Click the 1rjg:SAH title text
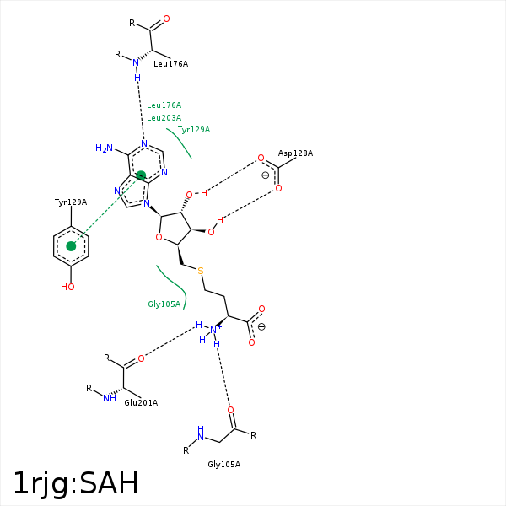coord(76,484)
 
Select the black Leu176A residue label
coord(170,64)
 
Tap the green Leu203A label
coord(164,118)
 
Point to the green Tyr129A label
coord(194,130)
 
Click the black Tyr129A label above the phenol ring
coord(71,202)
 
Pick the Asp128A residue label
coord(296,153)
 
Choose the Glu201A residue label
coord(141,403)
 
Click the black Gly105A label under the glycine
coord(224,465)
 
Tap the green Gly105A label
coord(164,304)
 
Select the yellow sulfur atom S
coord(201,271)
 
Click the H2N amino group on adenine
coord(105,148)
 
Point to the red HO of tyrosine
coord(67,287)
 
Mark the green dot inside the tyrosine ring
coord(71,246)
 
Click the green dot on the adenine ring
coord(141,175)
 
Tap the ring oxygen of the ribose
coord(159,238)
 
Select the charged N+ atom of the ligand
coord(214,330)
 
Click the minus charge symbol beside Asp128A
coord(266,175)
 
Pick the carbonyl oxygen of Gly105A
coord(230,410)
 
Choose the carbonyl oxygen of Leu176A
coord(166,19)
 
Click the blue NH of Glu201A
coord(110,398)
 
